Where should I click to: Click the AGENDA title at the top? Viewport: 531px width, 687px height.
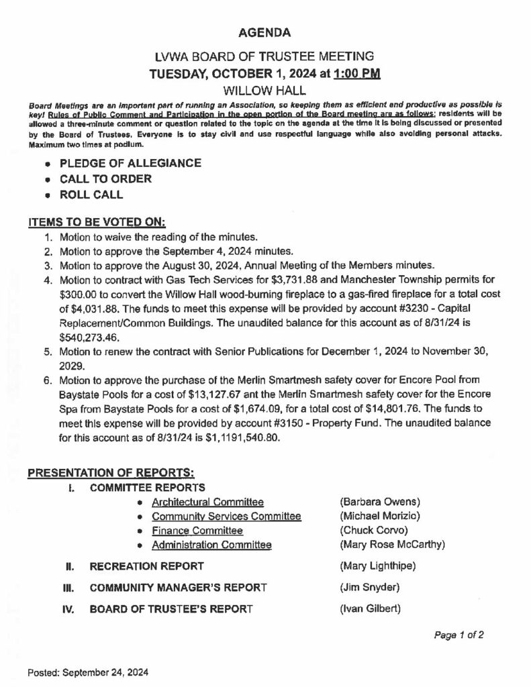265,32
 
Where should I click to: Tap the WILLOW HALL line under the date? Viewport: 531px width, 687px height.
265,89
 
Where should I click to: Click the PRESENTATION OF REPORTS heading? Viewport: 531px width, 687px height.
111,474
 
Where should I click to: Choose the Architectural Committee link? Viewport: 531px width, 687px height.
207,502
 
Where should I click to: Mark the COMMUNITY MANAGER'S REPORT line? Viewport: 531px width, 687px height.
178,588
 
